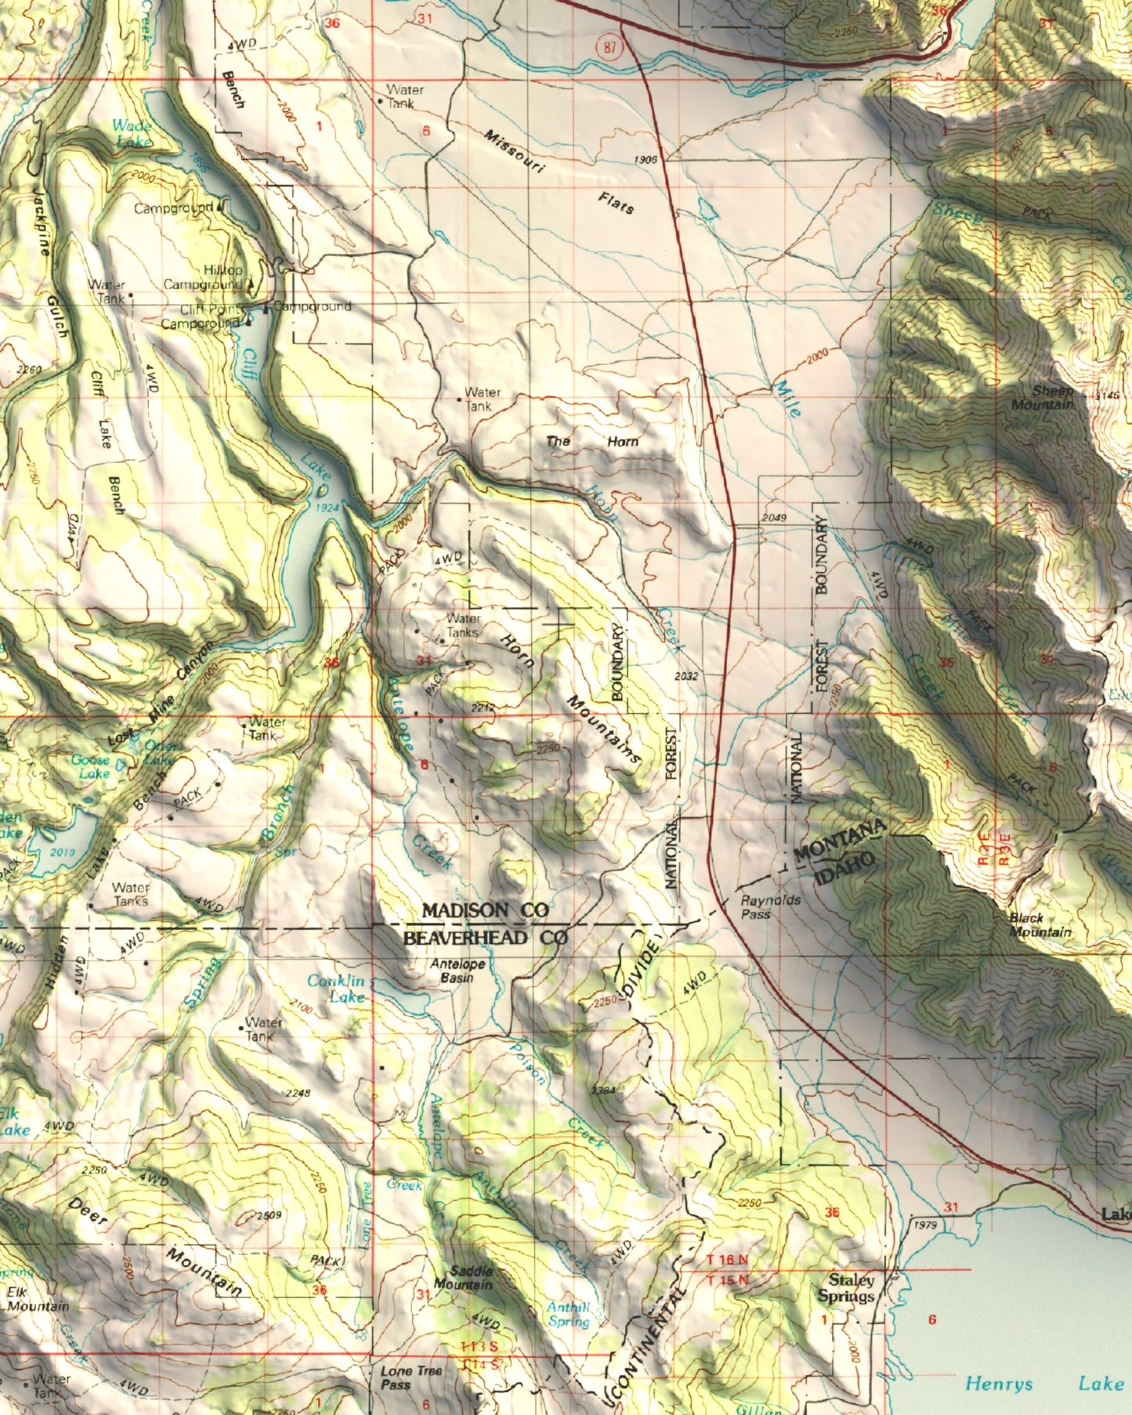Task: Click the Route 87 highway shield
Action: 610,46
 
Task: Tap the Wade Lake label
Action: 132,133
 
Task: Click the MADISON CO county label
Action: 485,910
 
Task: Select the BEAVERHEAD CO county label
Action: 484,938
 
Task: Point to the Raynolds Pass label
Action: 771,907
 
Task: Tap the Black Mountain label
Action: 1039,925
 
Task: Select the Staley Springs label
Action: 846,1288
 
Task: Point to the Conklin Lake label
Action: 337,989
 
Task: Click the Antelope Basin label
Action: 458,971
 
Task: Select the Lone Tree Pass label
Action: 411,1377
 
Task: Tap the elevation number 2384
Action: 604,1091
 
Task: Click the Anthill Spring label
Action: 569,1314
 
